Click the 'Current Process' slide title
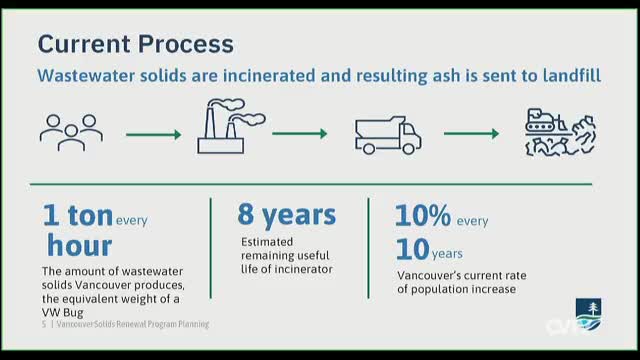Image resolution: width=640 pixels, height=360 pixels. click(x=135, y=44)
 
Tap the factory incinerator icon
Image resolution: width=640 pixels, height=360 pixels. click(x=229, y=126)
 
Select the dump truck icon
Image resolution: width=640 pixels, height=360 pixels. click(x=387, y=133)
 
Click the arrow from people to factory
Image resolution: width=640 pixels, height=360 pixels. click(x=153, y=133)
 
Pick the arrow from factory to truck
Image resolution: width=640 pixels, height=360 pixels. click(x=300, y=133)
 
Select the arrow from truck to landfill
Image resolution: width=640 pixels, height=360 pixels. click(x=471, y=133)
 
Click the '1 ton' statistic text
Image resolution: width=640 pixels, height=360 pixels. click(x=77, y=215)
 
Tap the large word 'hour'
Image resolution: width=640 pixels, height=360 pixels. click(x=79, y=245)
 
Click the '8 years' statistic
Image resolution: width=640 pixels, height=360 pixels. click(x=286, y=214)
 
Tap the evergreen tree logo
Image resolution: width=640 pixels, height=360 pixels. click(x=589, y=309)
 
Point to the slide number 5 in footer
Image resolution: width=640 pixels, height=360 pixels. click(x=44, y=325)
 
